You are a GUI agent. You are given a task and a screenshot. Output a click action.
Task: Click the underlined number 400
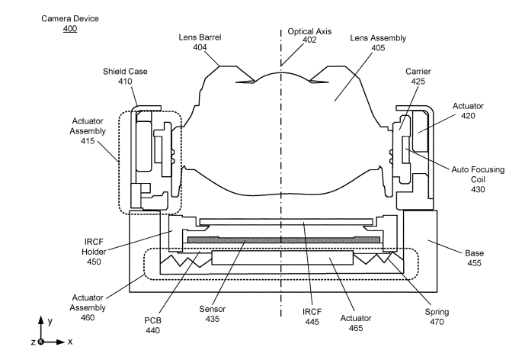click(x=70, y=28)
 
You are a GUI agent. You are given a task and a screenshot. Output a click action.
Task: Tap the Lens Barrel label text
click(x=200, y=37)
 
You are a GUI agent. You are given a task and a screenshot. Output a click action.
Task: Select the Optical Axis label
click(x=309, y=31)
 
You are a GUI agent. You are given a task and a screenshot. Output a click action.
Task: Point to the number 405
click(x=378, y=48)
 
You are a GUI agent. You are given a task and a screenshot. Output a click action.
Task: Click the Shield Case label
click(x=125, y=72)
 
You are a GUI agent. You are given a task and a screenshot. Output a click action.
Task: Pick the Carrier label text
click(x=418, y=72)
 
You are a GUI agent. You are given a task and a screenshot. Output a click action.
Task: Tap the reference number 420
click(x=468, y=116)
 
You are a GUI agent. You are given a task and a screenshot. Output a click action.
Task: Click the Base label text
click(x=475, y=253)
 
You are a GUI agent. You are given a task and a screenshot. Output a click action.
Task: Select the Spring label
click(x=437, y=313)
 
